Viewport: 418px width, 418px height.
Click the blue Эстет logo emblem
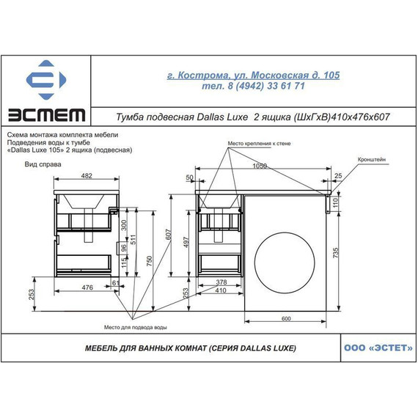(46, 80)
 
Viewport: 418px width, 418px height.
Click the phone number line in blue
(253, 86)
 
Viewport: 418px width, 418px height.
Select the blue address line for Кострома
(253, 76)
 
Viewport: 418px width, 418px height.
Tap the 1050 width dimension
(260, 166)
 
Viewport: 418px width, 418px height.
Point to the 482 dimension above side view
(87, 176)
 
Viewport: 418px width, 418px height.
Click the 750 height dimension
(150, 261)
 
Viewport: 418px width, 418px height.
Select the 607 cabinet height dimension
(169, 235)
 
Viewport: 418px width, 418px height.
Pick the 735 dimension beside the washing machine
(336, 253)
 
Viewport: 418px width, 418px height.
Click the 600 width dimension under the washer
(286, 318)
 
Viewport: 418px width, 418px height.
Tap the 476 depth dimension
(87, 287)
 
